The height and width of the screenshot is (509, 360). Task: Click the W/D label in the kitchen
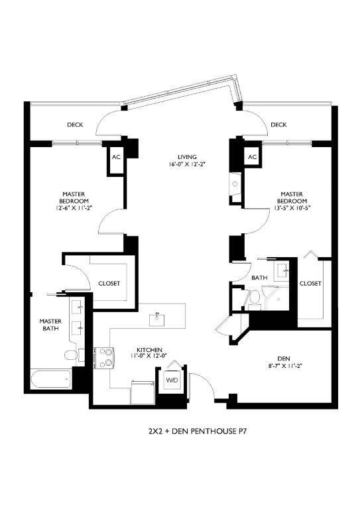172,380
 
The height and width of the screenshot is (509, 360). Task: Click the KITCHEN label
149,349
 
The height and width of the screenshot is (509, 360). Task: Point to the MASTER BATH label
50,325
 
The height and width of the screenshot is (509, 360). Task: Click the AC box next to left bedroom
115,158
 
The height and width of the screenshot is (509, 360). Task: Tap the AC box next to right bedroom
251,157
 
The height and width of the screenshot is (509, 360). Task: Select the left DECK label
74,125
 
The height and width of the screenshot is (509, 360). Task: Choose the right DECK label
278,125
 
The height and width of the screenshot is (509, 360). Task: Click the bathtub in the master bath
50,380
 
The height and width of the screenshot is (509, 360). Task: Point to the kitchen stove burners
105,357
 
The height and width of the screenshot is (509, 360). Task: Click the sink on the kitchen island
158,318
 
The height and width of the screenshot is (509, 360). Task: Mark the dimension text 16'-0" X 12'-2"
178,164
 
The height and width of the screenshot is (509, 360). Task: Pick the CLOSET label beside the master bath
109,283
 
